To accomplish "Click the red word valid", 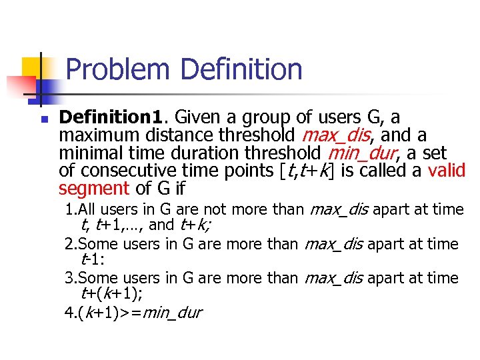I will (446, 171).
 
